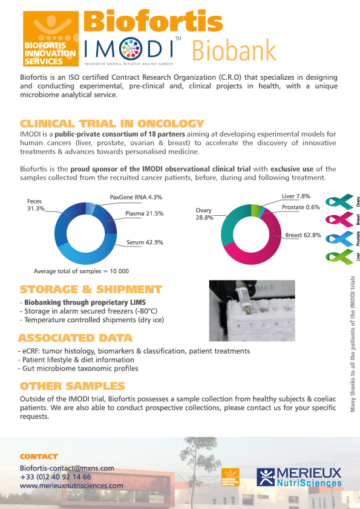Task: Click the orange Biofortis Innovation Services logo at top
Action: pyautogui.click(x=50, y=38)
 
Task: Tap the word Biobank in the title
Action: pyautogui.click(x=234, y=50)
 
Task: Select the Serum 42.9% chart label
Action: pyautogui.click(x=145, y=242)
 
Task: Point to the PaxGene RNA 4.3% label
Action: pyautogui.click(x=136, y=197)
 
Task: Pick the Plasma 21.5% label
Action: pyautogui.click(x=145, y=213)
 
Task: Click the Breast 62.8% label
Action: pyautogui.click(x=303, y=235)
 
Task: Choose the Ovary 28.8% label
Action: pyautogui.click(x=203, y=214)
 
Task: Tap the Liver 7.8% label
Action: pyautogui.click(x=296, y=196)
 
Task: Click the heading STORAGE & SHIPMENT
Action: pyautogui.click(x=91, y=290)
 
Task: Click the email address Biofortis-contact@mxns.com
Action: pyautogui.click(x=67, y=468)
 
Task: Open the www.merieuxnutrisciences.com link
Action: pyautogui.click(x=71, y=485)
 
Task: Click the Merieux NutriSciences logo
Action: pyautogui.click(x=298, y=477)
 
